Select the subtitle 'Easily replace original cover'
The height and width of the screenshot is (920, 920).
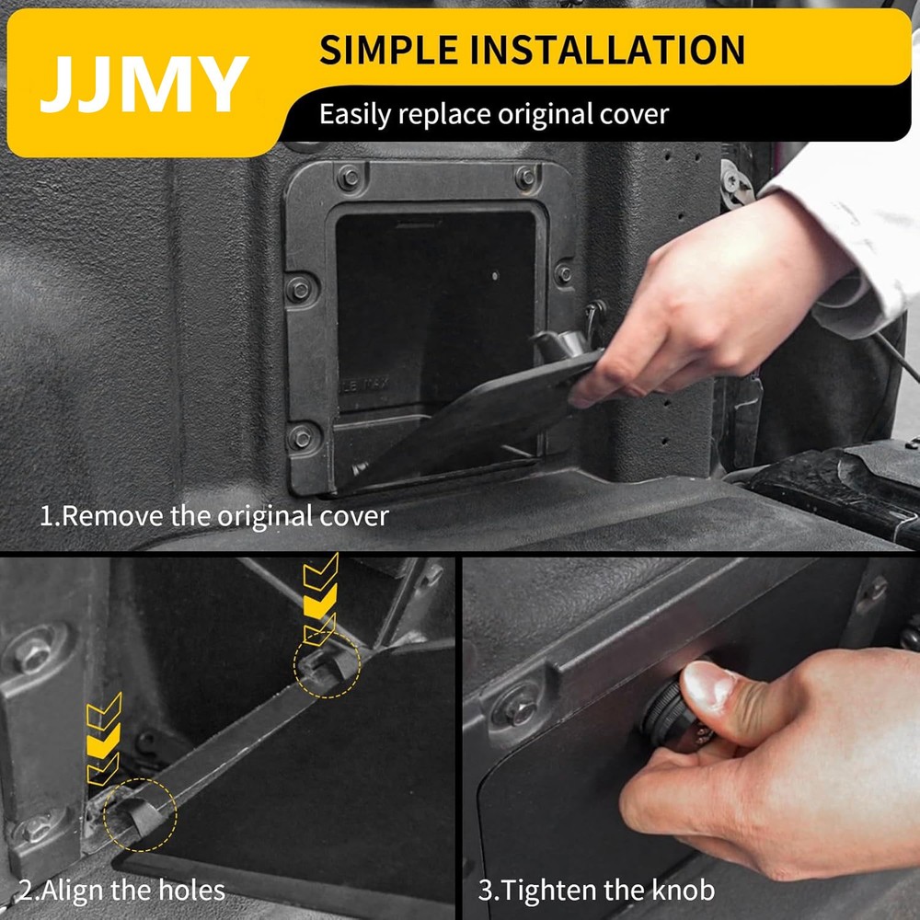493,115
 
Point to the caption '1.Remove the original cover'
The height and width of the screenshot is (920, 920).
213,515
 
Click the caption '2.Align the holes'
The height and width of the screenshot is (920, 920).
121,890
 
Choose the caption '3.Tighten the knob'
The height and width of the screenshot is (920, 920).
596,890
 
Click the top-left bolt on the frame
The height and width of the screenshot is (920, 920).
349,178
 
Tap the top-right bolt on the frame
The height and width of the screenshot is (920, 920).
526,177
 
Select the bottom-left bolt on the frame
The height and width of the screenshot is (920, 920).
301,437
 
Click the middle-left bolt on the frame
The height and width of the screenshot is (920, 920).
300,289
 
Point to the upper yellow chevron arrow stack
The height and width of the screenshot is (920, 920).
320,598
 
